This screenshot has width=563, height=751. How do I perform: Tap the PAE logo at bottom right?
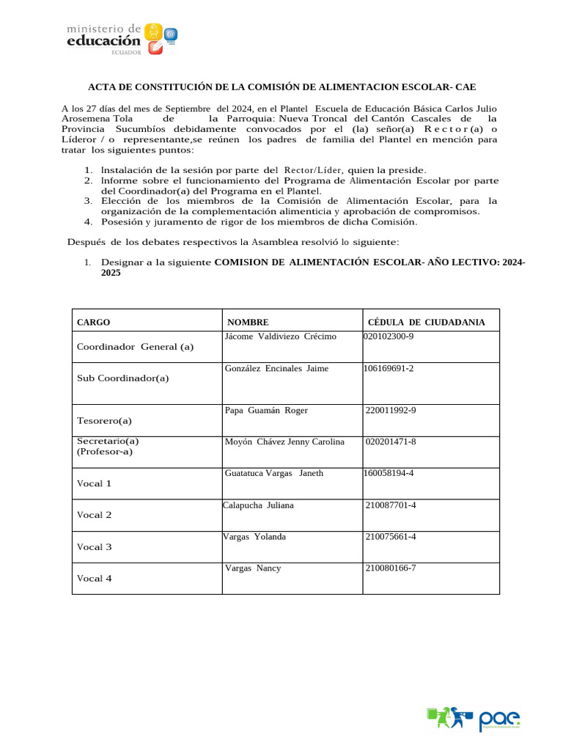[474, 718]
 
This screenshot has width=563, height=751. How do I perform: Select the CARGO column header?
[94, 322]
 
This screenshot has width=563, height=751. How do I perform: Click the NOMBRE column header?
[248, 322]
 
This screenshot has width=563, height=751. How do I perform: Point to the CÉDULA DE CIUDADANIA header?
[426, 322]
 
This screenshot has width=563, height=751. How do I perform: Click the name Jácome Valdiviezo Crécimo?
[280, 337]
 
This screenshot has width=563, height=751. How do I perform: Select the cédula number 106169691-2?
[389, 368]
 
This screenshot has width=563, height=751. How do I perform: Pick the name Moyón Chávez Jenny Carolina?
[284, 442]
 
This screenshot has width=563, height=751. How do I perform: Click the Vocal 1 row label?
[95, 483]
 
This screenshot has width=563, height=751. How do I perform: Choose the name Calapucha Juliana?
[258, 505]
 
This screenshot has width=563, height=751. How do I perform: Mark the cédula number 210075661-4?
[391, 536]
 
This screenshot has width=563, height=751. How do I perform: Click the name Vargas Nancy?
[253, 568]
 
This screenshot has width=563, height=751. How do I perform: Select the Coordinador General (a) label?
[135, 347]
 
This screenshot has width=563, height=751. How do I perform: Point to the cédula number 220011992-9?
[391, 410]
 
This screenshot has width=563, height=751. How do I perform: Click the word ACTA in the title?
[103, 87]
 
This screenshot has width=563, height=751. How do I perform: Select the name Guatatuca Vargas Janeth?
[273, 473]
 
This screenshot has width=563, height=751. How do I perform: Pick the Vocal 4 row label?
[95, 579]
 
